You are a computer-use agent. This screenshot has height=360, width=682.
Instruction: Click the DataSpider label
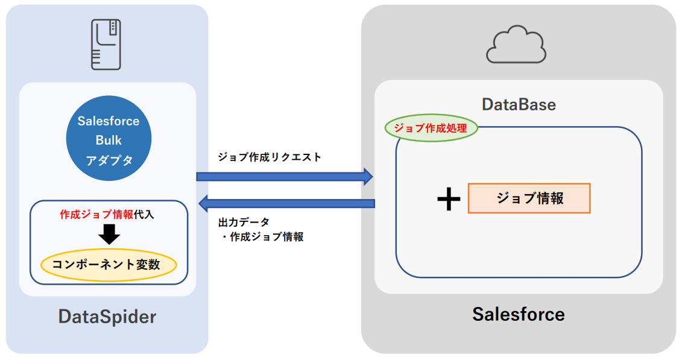[107, 316]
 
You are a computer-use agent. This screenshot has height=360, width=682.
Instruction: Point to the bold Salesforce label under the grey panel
[519, 314]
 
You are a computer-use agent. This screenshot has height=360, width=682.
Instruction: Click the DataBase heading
[519, 104]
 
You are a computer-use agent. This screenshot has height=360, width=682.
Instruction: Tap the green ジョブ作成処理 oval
[431, 128]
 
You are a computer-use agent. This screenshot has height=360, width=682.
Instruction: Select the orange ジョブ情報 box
[529, 198]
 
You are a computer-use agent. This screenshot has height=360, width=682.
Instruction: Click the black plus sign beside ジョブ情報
[449, 200]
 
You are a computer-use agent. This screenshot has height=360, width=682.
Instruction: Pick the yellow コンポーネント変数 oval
[109, 265]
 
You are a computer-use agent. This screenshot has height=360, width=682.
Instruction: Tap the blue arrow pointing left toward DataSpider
[286, 203]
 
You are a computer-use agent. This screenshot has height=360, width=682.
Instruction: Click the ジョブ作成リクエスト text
[270, 157]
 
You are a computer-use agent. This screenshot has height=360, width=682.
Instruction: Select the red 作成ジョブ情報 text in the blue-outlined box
[96, 214]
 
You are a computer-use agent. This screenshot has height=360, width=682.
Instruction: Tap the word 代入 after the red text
[144, 214]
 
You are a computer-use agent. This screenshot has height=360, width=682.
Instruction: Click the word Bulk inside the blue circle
[109, 140]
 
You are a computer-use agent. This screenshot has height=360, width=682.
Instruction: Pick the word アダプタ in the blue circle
[109, 160]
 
